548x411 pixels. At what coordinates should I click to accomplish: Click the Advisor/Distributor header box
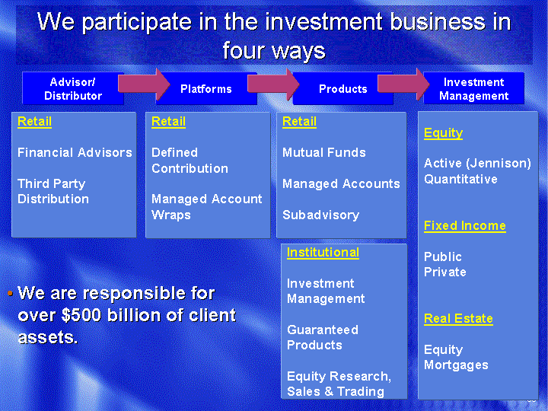pos(73,88)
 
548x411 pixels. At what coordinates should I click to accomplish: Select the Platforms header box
pos(206,88)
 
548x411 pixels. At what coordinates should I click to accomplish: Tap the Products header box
pos(342,88)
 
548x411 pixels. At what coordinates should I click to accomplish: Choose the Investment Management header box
pos(473,88)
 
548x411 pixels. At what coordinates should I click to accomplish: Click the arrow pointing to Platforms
pos(144,84)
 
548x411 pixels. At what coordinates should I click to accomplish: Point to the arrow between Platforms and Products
pos(273,84)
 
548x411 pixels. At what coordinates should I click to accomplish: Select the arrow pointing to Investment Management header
pos(403,84)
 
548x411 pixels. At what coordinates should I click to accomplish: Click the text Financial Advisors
pos(75,152)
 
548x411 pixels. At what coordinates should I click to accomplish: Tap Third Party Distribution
pos(53,191)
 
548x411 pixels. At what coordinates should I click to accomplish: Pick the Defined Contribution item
pos(190,161)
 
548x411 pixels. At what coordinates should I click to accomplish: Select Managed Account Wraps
pos(206,206)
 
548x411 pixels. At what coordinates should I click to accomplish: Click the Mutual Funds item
pos(324,152)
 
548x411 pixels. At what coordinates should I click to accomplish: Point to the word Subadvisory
pos(321,215)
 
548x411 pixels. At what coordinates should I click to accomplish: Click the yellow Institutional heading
pos(323,253)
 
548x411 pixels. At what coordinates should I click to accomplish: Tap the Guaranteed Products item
pos(323,337)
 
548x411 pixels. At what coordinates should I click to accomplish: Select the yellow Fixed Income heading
pos(465,226)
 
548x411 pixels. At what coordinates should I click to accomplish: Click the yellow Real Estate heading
pos(458,319)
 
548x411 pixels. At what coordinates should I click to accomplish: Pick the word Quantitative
pos(460,180)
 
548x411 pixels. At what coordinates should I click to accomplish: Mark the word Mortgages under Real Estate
pos(456,365)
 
